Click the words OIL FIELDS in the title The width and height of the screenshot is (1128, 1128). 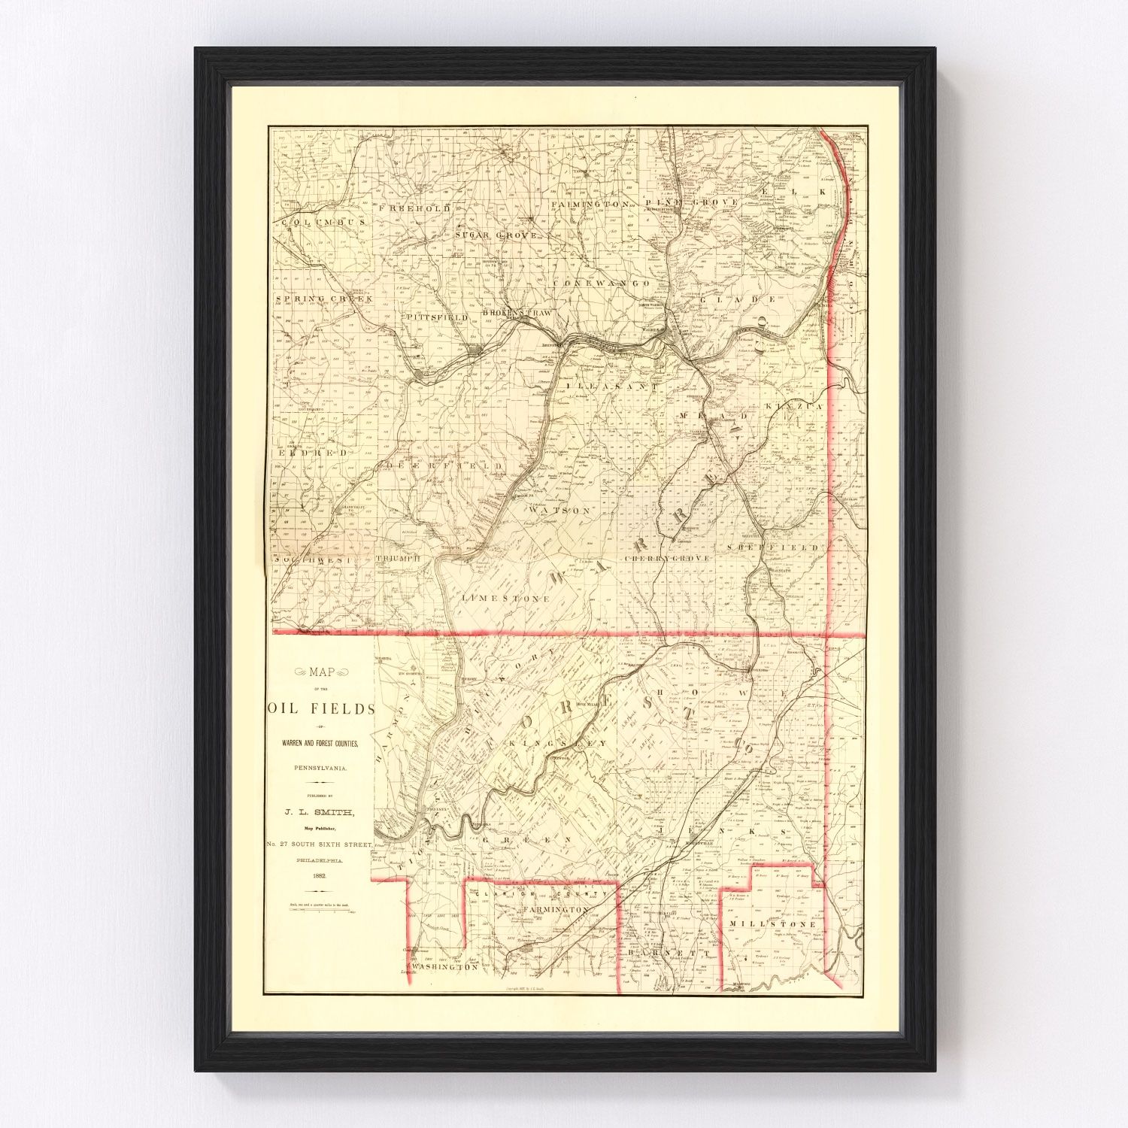tap(320, 708)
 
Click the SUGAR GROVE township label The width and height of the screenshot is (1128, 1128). tap(496, 235)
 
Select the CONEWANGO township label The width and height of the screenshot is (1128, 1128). tap(601, 283)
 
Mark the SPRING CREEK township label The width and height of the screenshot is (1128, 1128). tap(324, 299)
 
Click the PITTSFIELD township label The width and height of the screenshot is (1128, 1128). tap(437, 318)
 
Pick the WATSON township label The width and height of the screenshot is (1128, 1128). tap(559, 510)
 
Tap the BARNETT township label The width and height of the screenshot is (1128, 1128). tap(653, 952)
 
